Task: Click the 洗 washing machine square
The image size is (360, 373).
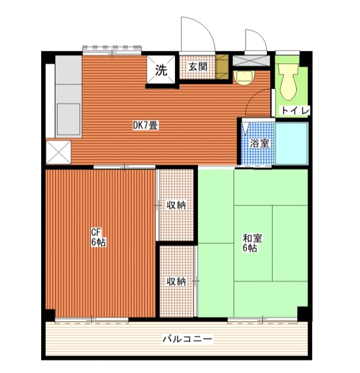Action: coord(161,71)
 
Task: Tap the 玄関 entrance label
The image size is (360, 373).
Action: coord(197,67)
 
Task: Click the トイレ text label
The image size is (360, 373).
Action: coord(295,111)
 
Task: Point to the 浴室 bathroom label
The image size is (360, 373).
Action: coord(260,143)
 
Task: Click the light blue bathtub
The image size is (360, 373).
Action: coord(291,143)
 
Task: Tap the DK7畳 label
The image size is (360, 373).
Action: coord(145,126)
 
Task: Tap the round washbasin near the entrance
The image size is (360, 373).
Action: coord(244,77)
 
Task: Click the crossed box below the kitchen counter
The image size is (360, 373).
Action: coord(58,151)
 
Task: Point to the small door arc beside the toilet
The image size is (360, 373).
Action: coord(257,40)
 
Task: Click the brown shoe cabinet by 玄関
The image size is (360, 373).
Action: coord(222,66)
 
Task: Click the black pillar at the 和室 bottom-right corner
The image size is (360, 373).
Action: coord(303,313)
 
